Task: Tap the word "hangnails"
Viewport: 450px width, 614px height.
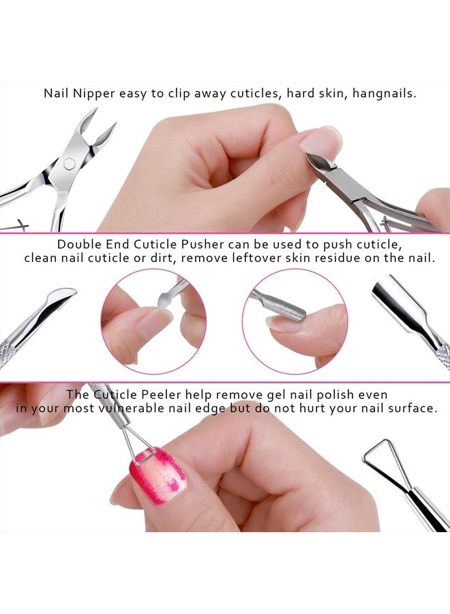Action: [x=382, y=93]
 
